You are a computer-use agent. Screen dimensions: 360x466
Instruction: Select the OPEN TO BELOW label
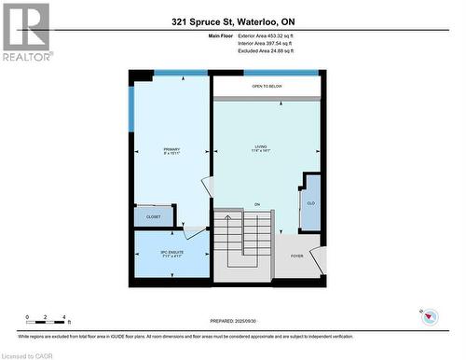pos(267,87)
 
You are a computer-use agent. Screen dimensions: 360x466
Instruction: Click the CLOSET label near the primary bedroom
pos(153,216)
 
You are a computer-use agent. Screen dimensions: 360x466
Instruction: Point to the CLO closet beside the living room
pos(310,201)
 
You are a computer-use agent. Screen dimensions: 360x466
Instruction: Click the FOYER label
pos(297,256)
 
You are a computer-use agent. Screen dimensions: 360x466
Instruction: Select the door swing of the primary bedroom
pos(193,228)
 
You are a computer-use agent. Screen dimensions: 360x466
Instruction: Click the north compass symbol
pos(428,318)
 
